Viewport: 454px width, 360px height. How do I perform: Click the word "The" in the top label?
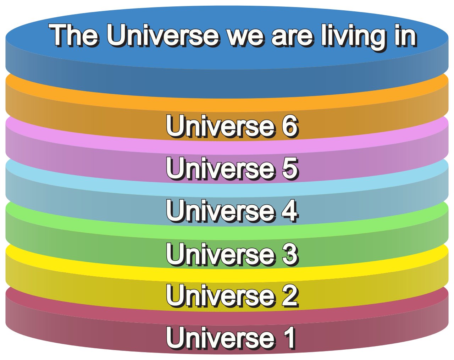(74, 35)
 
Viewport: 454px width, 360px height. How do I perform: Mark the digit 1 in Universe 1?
(289, 337)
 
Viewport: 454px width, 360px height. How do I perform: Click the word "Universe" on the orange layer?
(220, 126)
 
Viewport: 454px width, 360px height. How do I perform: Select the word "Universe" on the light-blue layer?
(220, 210)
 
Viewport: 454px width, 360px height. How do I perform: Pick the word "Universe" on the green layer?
(220, 253)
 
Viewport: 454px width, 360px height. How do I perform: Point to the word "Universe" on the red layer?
(220, 337)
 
